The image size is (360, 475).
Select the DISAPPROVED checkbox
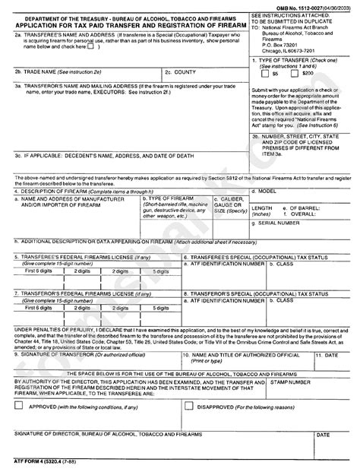188,406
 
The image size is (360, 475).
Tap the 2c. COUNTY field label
182,71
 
